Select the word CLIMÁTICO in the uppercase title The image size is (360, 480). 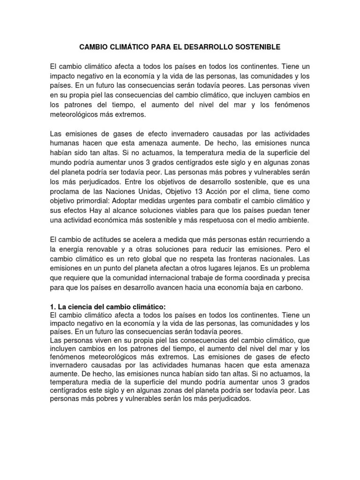[x=128, y=47]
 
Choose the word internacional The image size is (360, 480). [x=163, y=277]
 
